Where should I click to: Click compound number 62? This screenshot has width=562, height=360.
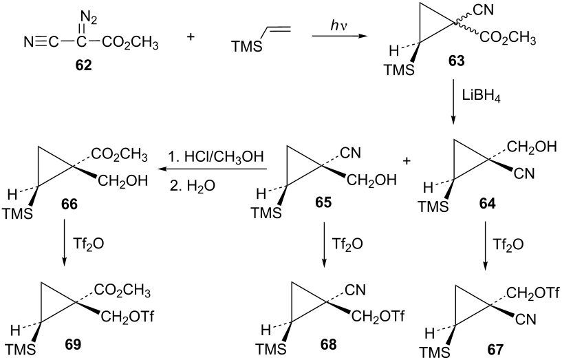click(83, 65)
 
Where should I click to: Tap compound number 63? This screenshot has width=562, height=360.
click(456, 61)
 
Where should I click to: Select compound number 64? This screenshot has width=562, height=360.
click(487, 204)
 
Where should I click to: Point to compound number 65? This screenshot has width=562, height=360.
click(323, 202)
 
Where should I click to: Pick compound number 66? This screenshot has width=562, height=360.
click(69, 204)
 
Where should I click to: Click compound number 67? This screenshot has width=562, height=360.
click(495, 349)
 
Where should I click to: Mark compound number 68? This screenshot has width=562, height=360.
click(328, 344)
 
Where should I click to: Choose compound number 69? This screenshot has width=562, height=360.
click(73, 344)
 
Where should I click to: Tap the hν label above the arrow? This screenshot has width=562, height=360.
click(338, 26)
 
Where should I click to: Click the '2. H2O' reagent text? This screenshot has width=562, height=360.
click(193, 186)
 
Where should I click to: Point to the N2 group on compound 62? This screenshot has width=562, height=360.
click(88, 17)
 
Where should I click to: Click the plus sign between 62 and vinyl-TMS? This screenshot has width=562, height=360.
click(191, 37)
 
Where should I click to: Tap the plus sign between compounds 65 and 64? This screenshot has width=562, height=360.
click(407, 161)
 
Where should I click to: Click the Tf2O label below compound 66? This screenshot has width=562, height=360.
click(88, 244)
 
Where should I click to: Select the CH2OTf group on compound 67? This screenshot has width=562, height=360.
click(533, 295)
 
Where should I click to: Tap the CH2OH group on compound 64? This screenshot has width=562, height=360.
click(532, 147)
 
